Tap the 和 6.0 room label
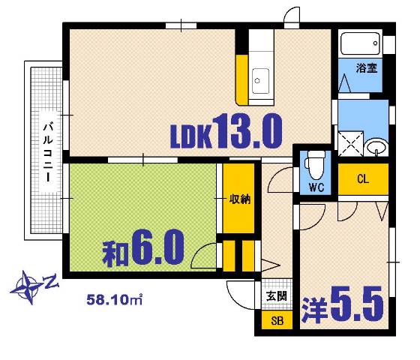tap(144, 247)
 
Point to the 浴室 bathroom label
tap(366, 67)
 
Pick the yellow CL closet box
tap(363, 179)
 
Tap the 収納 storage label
tap(239, 199)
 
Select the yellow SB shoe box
tap(277, 321)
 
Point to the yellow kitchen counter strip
tap(242, 78)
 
